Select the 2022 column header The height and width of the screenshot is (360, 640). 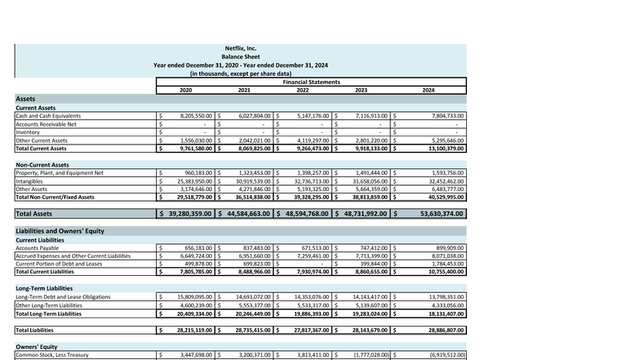(302, 89)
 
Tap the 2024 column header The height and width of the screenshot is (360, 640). (429, 89)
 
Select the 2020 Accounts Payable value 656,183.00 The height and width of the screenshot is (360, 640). (198, 248)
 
